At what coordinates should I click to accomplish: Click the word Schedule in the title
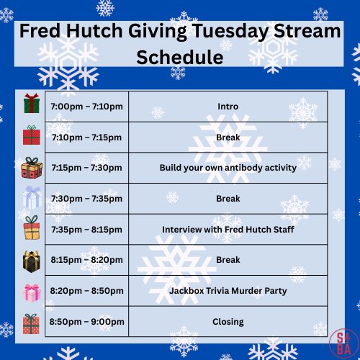click(180, 57)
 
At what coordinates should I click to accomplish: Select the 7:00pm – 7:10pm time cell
click(87, 107)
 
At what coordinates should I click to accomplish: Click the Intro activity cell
click(228, 107)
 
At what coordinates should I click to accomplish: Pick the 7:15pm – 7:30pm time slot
click(87, 168)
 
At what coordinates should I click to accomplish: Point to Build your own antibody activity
click(228, 168)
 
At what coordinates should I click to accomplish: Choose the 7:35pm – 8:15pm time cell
click(87, 230)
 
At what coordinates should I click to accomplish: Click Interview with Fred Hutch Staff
click(228, 230)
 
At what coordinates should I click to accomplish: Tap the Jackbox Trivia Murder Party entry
click(228, 291)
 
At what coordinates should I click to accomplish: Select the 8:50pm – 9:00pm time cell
click(87, 321)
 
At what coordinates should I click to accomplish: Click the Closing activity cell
click(228, 321)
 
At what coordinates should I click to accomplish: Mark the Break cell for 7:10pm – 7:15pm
click(228, 137)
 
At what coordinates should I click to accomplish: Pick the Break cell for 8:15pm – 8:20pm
click(228, 260)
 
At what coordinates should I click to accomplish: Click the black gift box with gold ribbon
click(31, 261)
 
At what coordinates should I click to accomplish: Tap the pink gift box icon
click(31, 292)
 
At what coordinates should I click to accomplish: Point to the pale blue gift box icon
click(31, 197)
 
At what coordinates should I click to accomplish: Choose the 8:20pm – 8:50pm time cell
click(87, 291)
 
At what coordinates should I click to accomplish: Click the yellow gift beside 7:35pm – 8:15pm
click(31, 229)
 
